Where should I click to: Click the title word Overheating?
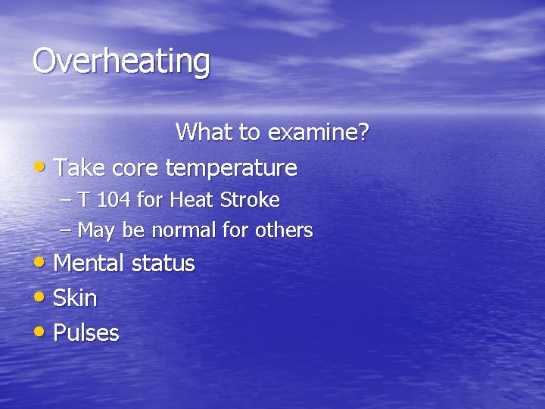[121, 61]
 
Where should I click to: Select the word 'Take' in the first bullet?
[80, 167]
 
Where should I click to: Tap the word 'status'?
[163, 264]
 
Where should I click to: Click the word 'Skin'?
[76, 298]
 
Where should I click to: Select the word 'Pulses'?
[86, 333]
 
